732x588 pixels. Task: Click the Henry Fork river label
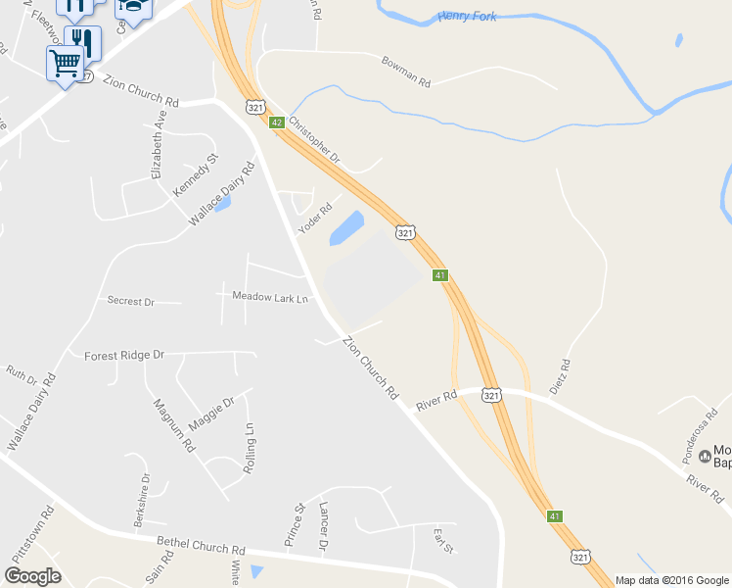pyautogui.click(x=470, y=16)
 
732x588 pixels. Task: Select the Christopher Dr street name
pyautogui.click(x=314, y=139)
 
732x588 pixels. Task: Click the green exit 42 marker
pyautogui.click(x=277, y=122)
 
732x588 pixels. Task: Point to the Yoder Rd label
pyautogui.click(x=316, y=219)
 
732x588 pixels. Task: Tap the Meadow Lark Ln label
pyautogui.click(x=269, y=296)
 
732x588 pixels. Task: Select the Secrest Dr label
pyautogui.click(x=131, y=302)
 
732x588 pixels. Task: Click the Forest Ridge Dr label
pyautogui.click(x=123, y=355)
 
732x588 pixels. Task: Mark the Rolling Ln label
pyautogui.click(x=251, y=445)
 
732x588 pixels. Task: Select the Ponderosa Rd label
pyautogui.click(x=700, y=427)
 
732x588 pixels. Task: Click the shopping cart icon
pyautogui.click(x=65, y=63)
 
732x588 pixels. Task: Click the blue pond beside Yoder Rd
pyautogui.click(x=346, y=229)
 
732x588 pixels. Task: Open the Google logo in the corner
pyautogui.click(x=32, y=576)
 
